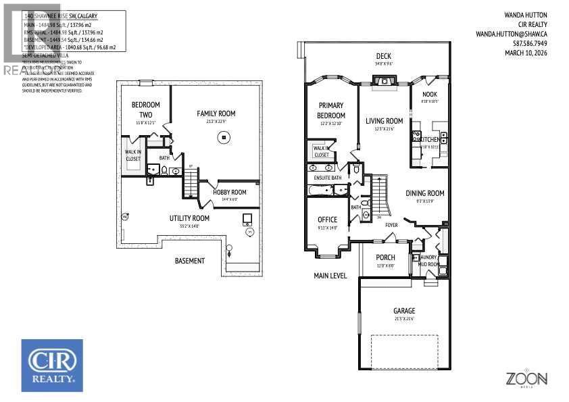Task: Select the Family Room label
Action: (216, 114)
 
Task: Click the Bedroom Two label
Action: (145, 109)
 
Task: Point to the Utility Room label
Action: (189, 218)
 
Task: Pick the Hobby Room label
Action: (230, 192)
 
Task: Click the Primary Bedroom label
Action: (330, 110)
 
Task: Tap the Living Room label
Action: (384, 122)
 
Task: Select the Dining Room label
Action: (424, 193)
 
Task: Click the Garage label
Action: (404, 311)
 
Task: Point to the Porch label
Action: (385, 257)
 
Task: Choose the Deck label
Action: (383, 56)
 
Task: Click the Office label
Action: (327, 220)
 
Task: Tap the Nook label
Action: (430, 95)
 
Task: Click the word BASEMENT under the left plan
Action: (189, 260)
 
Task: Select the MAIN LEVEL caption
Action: (330, 276)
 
